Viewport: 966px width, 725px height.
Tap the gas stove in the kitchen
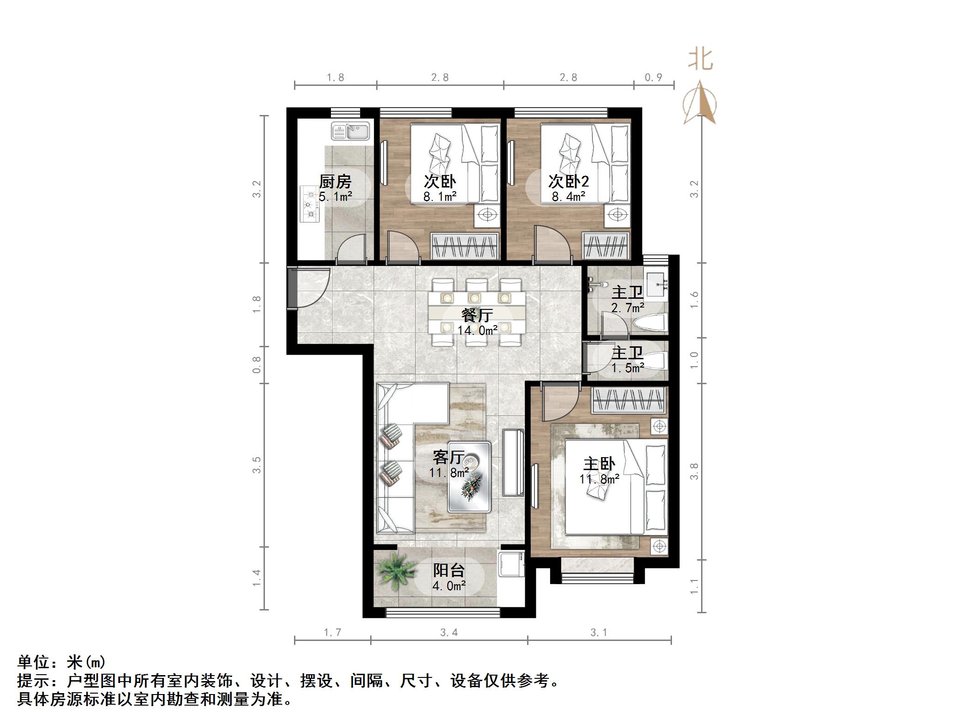click(x=310, y=204)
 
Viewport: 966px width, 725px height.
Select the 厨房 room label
click(x=335, y=181)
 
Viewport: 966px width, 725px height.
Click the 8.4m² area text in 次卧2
click(x=568, y=197)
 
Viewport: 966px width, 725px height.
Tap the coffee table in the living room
click(x=469, y=477)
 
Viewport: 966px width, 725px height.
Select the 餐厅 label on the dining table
click(x=477, y=315)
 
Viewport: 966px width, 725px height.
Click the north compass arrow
click(x=700, y=104)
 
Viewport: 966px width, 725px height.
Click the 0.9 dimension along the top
click(x=653, y=78)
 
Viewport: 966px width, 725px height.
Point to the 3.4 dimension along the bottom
click(x=449, y=632)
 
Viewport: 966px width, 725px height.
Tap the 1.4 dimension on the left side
click(x=257, y=578)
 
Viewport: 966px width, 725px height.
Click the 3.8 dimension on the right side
click(x=694, y=471)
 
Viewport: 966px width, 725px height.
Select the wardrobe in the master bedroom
click(x=629, y=399)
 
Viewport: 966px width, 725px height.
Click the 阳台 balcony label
click(x=449, y=570)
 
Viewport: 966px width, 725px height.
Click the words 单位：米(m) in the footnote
click(x=62, y=662)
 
